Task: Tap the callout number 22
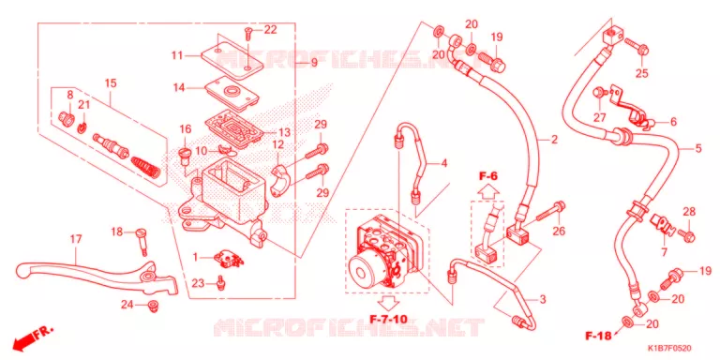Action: coord(270,30)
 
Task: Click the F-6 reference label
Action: coord(488,175)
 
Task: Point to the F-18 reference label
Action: coord(598,337)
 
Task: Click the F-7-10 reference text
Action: coord(388,318)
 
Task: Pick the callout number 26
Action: coord(559,231)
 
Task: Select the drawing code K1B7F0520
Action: coord(669,349)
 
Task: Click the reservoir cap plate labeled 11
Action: coord(232,56)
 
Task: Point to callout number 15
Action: coord(111,83)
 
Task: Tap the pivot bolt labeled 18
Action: coord(142,241)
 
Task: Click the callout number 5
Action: coord(697,148)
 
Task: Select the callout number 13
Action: coord(284,133)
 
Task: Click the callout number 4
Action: coord(443,163)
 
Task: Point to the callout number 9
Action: coord(314,62)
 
